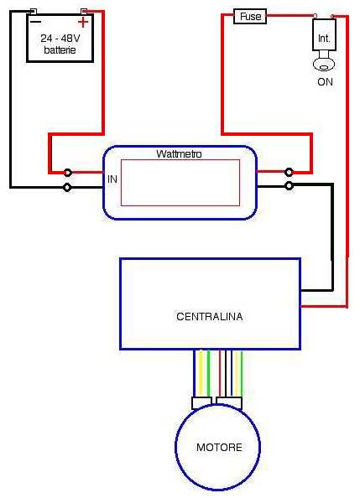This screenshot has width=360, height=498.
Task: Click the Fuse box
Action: pos(250,16)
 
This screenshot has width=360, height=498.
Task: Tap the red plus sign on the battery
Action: pos(83,23)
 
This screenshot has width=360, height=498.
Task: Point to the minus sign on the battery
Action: pos(35,22)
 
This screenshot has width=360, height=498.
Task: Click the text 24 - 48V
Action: pos(60,39)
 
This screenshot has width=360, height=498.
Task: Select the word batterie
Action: pos(60,49)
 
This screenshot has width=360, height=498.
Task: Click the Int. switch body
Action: pos(324,34)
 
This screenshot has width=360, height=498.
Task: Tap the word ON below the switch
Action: pos(325,82)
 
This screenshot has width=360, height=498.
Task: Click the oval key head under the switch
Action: pos(324,65)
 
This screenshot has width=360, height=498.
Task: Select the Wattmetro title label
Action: pos(179,154)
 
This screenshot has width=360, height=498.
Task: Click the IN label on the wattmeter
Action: pos(112,179)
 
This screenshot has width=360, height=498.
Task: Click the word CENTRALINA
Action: pos(209,316)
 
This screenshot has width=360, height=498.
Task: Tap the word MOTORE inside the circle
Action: pos(219,447)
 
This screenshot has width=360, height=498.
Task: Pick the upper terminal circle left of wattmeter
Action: pos(67,173)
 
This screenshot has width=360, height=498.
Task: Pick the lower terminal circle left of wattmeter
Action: pos(67,188)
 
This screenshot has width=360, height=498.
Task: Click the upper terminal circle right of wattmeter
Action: pos(289,172)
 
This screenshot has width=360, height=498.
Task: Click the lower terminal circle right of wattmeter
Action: pos(289,185)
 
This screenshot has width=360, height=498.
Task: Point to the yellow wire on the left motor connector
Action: pos(201,373)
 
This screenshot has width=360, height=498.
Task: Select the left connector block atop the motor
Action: pos(201,402)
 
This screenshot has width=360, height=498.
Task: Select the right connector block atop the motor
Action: pos(229,402)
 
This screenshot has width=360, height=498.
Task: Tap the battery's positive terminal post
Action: pos(84,12)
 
